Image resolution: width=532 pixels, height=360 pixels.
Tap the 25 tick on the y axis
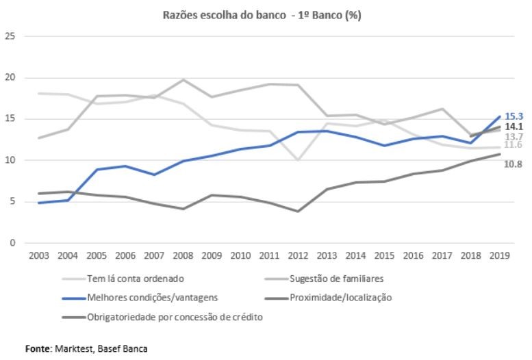(x=10, y=36)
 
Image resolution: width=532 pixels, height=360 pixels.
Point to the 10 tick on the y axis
(x=10, y=160)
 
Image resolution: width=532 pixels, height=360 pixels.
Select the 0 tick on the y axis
(x=12, y=243)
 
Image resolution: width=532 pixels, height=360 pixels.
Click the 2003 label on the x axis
(x=38, y=257)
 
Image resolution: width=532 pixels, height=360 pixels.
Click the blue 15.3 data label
(x=514, y=116)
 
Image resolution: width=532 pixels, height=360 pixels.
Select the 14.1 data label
(x=514, y=127)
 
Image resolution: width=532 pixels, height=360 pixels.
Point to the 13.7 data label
(x=514, y=137)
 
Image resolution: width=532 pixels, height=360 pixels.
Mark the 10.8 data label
(x=514, y=165)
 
